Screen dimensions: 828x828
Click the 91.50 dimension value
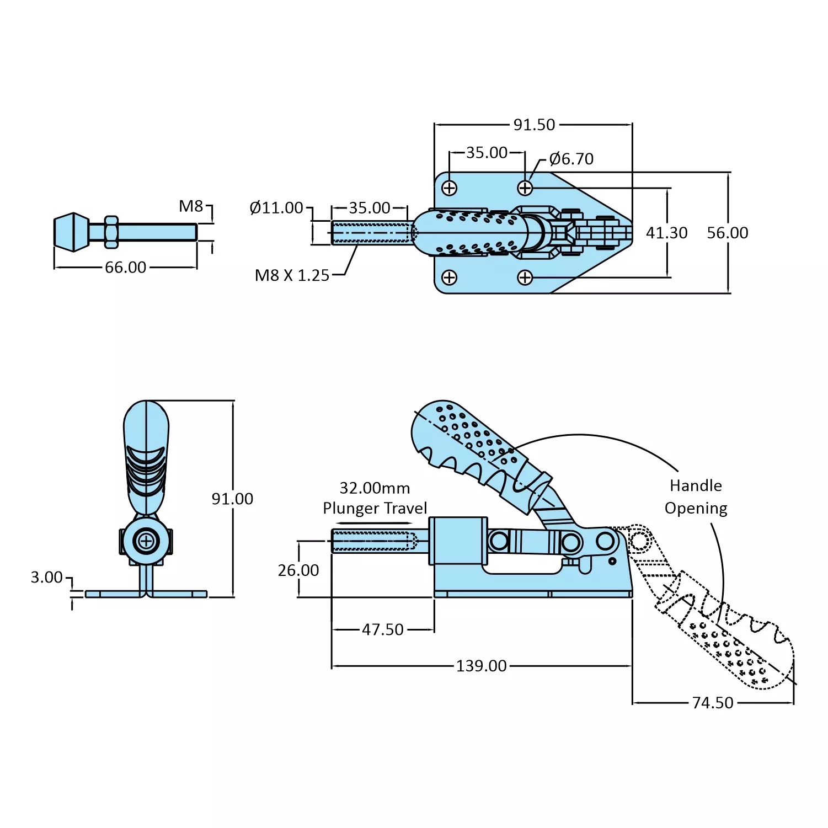(534, 125)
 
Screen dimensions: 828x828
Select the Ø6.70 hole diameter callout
(571, 159)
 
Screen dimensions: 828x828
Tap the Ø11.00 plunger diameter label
(276, 208)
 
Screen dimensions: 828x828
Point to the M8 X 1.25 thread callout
(292, 275)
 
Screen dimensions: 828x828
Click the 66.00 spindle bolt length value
(126, 268)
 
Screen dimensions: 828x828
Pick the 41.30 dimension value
(666, 233)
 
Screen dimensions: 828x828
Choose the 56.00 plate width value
(727, 233)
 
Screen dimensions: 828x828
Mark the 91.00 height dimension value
(232, 499)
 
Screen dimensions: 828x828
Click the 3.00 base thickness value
(47, 578)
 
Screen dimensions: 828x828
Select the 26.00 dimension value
(298, 570)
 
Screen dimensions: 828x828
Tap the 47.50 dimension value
(383, 629)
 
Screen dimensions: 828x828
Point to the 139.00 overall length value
(481, 666)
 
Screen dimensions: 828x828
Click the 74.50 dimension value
(713, 703)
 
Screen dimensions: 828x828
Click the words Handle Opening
(696, 496)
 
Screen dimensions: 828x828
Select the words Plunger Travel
(375, 508)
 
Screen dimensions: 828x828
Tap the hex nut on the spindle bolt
(111, 232)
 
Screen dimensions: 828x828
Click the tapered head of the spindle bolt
(71, 232)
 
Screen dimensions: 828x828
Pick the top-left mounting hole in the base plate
(450, 188)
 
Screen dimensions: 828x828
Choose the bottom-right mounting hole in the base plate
(525, 277)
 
